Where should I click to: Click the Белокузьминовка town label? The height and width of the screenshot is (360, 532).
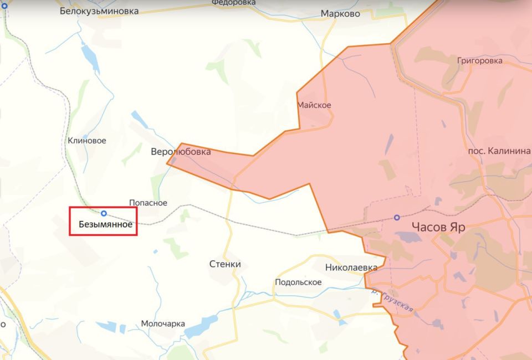[99, 11]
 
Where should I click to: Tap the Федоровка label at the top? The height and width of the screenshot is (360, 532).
[233, 3]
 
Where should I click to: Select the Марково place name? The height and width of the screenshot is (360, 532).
[340, 14]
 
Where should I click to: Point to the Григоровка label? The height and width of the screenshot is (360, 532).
[480, 60]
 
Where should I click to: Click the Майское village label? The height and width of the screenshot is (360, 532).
[314, 105]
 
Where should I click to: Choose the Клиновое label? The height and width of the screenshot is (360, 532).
[86, 141]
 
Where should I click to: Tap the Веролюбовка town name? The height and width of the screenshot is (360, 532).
[181, 151]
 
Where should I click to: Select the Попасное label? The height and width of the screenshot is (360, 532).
[148, 203]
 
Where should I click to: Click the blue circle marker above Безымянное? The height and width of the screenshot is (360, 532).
[104, 213]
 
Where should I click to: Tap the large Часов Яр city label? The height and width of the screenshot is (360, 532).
[438, 227]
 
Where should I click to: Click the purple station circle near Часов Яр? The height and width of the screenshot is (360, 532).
[397, 218]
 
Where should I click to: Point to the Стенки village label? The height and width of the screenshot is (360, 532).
[225, 264]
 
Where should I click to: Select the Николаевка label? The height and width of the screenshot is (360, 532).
[351, 268]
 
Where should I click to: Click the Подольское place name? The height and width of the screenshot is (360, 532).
[298, 282]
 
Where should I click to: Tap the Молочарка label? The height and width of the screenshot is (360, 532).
[163, 324]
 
